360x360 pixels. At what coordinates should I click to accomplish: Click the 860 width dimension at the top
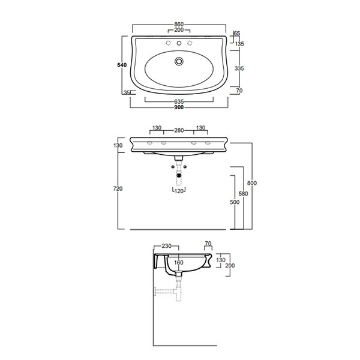coord(179,24)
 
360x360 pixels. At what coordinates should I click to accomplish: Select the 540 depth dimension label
coord(122,65)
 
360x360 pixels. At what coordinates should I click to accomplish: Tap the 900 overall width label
coord(179,107)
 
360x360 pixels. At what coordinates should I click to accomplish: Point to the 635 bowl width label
coord(179,101)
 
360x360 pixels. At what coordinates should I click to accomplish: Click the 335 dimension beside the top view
coord(239,68)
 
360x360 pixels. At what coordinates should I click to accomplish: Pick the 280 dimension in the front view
coord(179,130)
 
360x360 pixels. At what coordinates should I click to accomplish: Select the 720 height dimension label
coord(118,188)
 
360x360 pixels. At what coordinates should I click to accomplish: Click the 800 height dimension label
coord(252,183)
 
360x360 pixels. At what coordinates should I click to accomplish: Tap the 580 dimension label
coord(243,194)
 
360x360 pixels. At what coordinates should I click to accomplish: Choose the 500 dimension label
coord(235,202)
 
